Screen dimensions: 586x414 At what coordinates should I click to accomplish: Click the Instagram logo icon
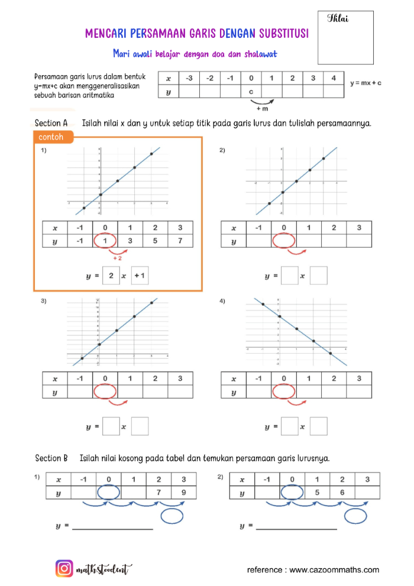pyautogui.click(x=64, y=569)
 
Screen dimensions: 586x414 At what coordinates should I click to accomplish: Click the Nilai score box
pyautogui.click(x=345, y=37)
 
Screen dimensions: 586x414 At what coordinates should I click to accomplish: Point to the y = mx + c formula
pyautogui.click(x=366, y=83)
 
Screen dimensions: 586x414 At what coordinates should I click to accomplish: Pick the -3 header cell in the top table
pyautogui.click(x=189, y=78)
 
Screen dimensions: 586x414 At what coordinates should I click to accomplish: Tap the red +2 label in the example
pyautogui.click(x=117, y=258)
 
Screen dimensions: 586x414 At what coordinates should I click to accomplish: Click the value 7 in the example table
pyautogui.click(x=180, y=241)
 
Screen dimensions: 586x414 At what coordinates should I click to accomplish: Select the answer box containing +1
pyautogui.click(x=140, y=276)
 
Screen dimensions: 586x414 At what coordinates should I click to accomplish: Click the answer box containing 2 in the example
pyautogui.click(x=111, y=276)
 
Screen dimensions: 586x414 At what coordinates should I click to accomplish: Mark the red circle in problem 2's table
pyautogui.click(x=283, y=241)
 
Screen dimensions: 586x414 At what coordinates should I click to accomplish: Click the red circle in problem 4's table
pyautogui.click(x=283, y=391)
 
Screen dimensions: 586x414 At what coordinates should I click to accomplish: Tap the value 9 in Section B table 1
pyautogui.click(x=184, y=493)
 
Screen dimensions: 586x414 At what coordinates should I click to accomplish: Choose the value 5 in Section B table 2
pyautogui.click(x=317, y=493)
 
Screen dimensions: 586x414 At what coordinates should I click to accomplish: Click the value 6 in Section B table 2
pyautogui.click(x=342, y=493)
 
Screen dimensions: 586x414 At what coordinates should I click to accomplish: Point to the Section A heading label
pyautogui.click(x=51, y=124)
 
